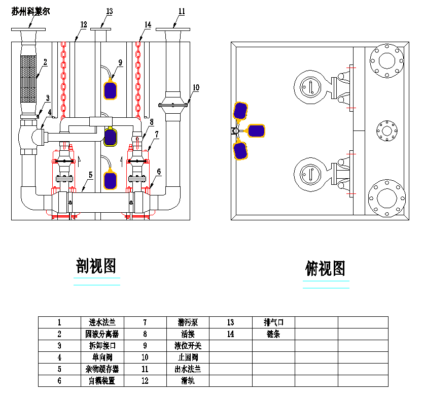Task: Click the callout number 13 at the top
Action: coord(109,11)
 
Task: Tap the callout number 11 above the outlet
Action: coord(182,11)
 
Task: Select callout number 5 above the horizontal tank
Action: coord(90,175)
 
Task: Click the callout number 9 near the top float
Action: coord(120,62)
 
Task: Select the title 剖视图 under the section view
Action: coord(96,266)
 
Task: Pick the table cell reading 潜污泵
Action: coord(187,322)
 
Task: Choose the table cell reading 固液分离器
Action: coord(102,334)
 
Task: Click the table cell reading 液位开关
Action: coord(187,346)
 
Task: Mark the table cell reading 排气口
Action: coord(273,322)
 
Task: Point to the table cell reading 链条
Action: coord(273,334)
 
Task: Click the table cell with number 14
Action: coord(230,334)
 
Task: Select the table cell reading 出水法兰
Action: coord(187,369)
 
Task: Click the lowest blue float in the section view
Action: coord(112,181)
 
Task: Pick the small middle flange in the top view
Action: coord(388,131)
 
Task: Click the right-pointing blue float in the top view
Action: coord(256,130)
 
